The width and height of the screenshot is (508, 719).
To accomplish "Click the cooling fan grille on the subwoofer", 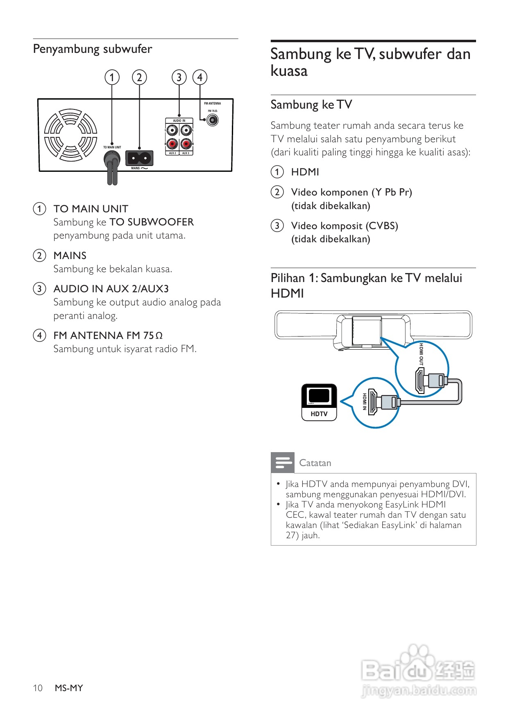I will click(x=70, y=135).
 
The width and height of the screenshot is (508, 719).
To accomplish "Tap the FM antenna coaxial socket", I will click(x=212, y=120).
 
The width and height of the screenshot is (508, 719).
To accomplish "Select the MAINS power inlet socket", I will click(x=139, y=158).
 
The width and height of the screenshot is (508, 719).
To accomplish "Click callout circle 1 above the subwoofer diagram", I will click(x=112, y=77).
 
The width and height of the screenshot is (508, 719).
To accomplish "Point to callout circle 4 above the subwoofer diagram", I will click(x=200, y=77).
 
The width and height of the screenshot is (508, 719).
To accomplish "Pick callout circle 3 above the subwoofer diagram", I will click(x=179, y=77).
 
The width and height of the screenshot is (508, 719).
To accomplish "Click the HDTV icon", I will click(x=319, y=402).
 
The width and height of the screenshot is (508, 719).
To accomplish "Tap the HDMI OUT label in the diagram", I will click(x=421, y=355).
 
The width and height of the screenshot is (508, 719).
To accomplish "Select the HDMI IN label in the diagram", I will click(x=364, y=402).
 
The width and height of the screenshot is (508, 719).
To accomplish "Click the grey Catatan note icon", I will click(x=282, y=463).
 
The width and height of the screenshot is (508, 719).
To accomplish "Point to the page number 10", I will click(x=38, y=688).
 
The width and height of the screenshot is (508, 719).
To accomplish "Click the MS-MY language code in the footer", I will click(x=69, y=688).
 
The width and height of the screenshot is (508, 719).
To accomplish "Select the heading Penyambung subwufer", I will click(x=93, y=49).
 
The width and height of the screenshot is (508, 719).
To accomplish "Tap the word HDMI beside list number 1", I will click(x=305, y=172).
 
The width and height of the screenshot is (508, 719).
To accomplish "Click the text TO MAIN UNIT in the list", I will click(x=91, y=209).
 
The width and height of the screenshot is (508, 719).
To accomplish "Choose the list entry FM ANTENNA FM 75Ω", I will click(x=108, y=336).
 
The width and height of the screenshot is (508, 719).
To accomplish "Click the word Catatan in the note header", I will click(x=315, y=463).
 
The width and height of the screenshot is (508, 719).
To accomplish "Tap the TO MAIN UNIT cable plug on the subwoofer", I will click(x=112, y=158).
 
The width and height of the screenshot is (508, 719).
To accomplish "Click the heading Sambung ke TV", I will click(x=311, y=105).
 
